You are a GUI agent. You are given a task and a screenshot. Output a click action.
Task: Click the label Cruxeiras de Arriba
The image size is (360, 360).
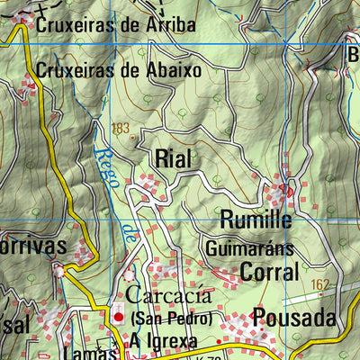(115, 25)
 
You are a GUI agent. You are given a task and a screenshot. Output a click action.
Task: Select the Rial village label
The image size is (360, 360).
(173, 158)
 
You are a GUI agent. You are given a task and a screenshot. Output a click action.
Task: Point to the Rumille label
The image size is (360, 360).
(256, 219)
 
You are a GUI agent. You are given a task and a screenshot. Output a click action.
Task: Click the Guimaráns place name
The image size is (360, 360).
(249, 247)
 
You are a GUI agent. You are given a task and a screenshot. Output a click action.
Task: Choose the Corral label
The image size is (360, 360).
(268, 271)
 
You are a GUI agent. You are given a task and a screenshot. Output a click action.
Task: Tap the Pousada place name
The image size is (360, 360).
(293, 317)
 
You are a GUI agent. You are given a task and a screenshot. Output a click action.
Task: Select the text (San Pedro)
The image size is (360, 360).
(171, 319)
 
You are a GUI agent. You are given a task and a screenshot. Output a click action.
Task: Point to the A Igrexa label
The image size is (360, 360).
(163, 339)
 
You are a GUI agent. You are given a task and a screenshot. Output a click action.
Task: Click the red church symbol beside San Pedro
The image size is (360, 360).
(118, 317)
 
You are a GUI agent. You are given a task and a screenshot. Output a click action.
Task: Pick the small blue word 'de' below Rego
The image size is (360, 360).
(129, 236)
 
